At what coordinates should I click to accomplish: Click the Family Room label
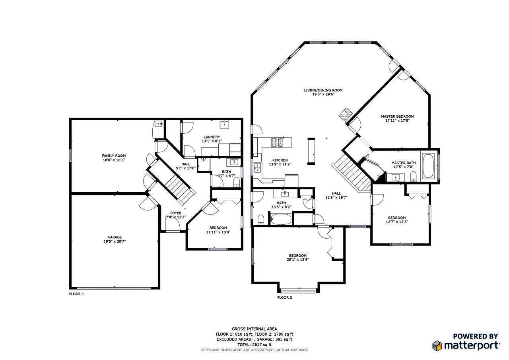pyautogui.click(x=114, y=156)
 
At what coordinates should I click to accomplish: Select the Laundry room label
pyautogui.click(x=212, y=137)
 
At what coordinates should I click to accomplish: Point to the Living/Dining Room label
pyautogui.click(x=323, y=90)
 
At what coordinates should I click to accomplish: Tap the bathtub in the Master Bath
pyautogui.click(x=429, y=166)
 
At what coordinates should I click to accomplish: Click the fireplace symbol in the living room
pyautogui.click(x=345, y=113)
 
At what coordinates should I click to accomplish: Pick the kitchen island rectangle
pyautogui.click(x=311, y=151)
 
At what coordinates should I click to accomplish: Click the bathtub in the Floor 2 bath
pyautogui.click(x=281, y=219)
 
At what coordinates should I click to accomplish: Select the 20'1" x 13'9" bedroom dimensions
pyautogui.click(x=297, y=259)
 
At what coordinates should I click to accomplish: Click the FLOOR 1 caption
pyautogui.click(x=76, y=294)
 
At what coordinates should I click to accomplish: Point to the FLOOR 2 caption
pyautogui.click(x=284, y=298)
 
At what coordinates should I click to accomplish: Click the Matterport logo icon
pyautogui.click(x=437, y=345)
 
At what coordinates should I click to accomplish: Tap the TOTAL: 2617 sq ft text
pyautogui.click(x=254, y=344)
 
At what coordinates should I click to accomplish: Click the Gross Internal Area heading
pyautogui.click(x=254, y=329)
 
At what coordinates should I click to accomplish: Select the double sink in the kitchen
pyautogui.click(x=256, y=168)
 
